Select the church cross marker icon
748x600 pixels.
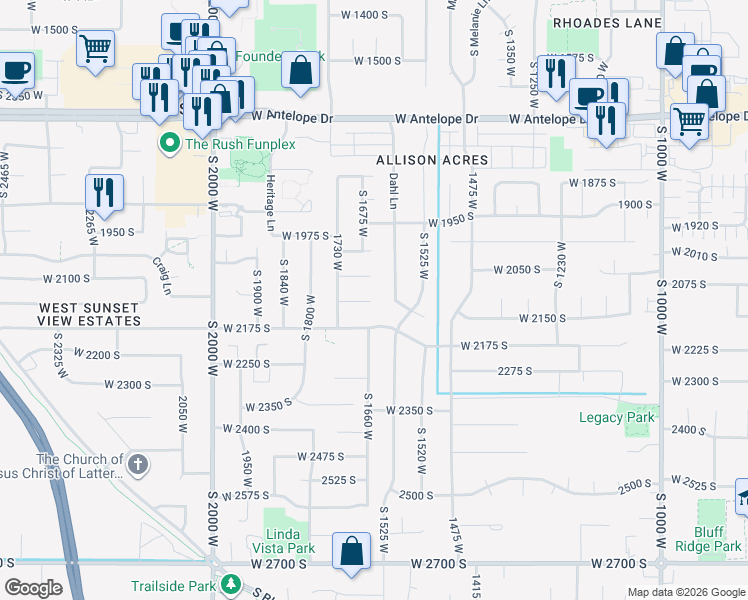(138, 465)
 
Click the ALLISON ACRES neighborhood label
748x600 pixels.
(432, 160)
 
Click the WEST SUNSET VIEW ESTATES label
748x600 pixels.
(90, 315)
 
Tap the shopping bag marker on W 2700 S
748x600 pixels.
(352, 552)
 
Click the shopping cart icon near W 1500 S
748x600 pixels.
(95, 47)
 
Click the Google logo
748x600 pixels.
(34, 588)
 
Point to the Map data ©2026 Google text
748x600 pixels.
(685, 592)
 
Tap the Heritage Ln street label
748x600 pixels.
(269, 204)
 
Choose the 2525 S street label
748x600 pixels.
(339, 480)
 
